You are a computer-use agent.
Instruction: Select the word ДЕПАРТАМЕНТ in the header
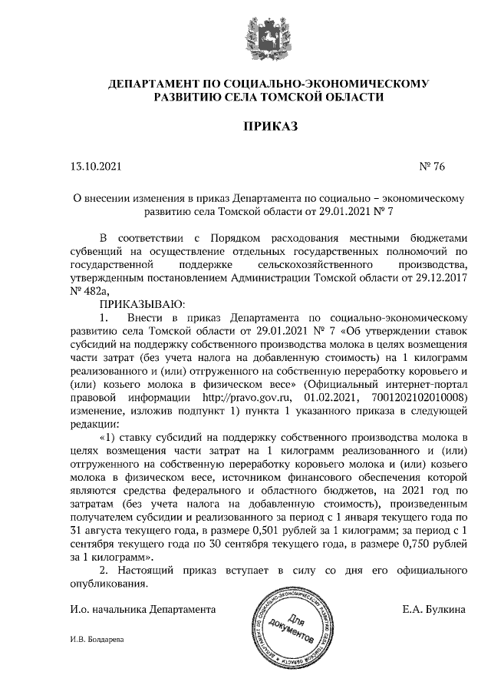point(153,83)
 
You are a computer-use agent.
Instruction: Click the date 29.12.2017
point(440,277)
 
